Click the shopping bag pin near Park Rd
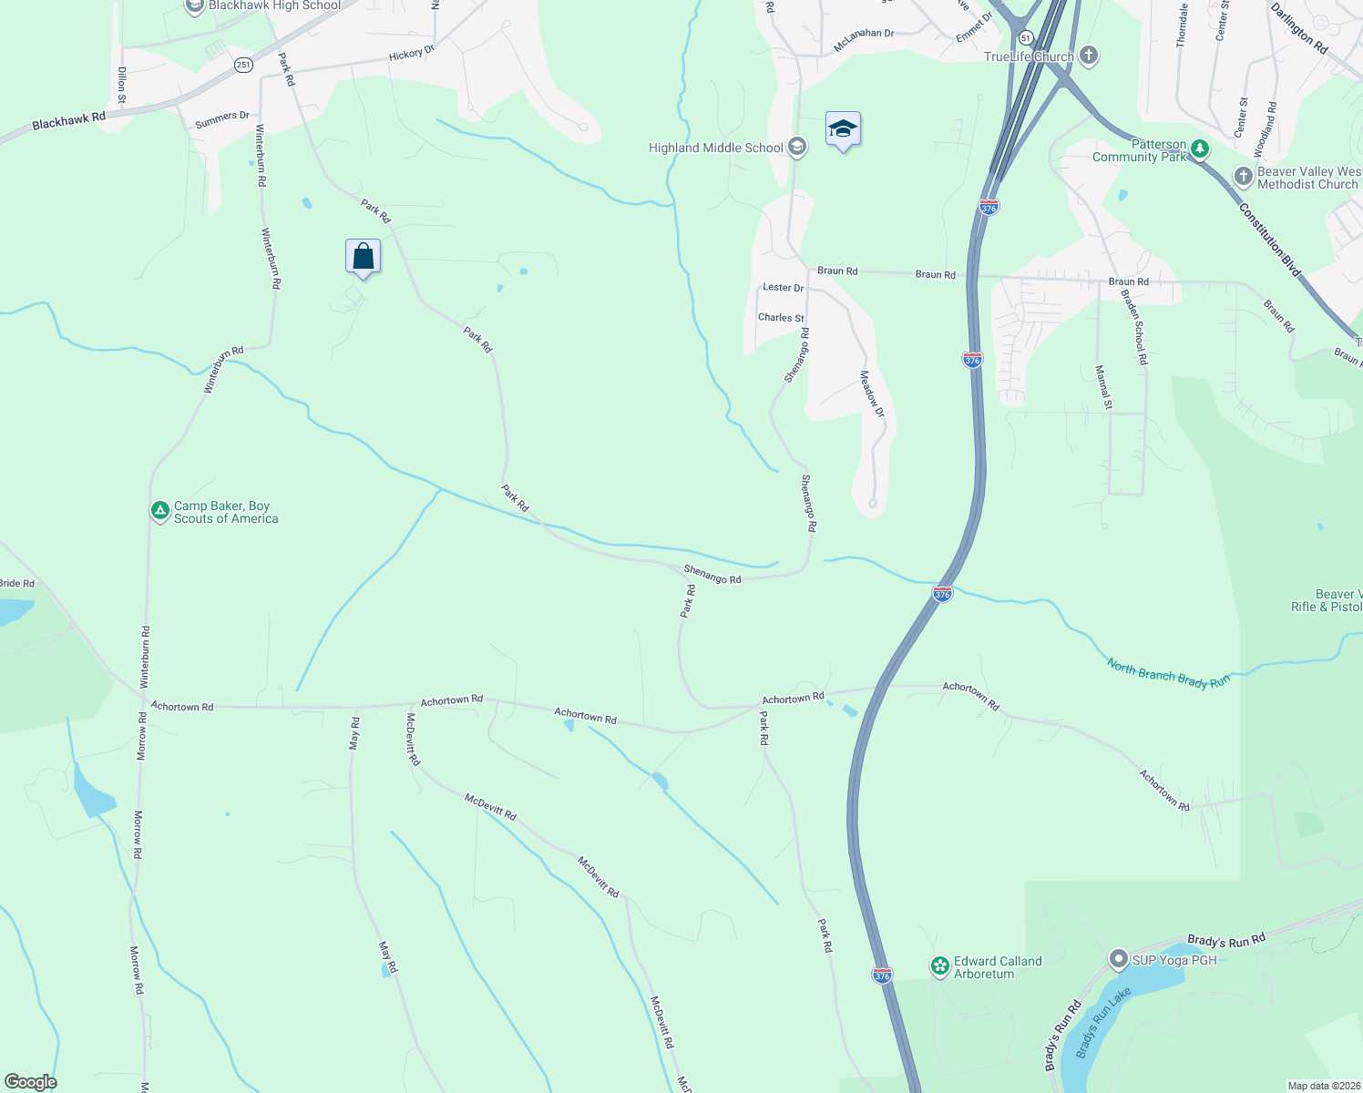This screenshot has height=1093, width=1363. click(x=363, y=257)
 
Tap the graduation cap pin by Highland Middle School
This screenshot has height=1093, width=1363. click(x=843, y=130)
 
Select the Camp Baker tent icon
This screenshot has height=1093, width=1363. click(x=160, y=511)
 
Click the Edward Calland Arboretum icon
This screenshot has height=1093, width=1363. click(x=940, y=966)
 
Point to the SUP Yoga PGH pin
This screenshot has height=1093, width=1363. click(x=1118, y=959)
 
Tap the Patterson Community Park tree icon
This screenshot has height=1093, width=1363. click(x=1200, y=149)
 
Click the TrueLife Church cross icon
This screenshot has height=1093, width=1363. click(x=1088, y=56)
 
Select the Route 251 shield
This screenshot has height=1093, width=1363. click(x=243, y=65)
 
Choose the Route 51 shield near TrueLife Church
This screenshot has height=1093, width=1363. click(x=1026, y=38)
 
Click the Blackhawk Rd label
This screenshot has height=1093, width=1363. click(x=68, y=120)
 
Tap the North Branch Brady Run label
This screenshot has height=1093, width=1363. click(x=1168, y=674)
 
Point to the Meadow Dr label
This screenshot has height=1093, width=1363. click(x=872, y=393)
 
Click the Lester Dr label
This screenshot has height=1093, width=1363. click(x=783, y=287)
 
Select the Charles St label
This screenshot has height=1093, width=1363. click(x=781, y=318)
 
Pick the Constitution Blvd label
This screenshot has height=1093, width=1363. click(x=1269, y=239)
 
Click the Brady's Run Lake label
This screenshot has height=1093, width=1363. click(x=1102, y=1022)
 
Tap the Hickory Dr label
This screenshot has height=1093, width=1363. click(x=412, y=54)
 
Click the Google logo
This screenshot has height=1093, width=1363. click(x=31, y=1082)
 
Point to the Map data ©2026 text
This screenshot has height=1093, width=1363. click(x=1322, y=1086)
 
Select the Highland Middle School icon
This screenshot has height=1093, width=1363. click(x=797, y=147)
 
